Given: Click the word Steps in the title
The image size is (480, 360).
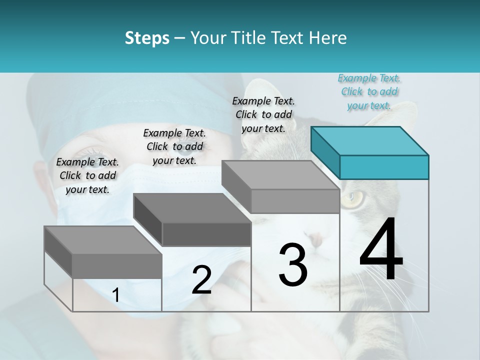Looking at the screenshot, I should click(x=147, y=38).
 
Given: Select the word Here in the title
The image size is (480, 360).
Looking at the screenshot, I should click(x=327, y=38).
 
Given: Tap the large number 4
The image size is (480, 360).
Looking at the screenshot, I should click(x=381, y=250).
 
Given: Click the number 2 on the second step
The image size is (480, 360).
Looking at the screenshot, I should click(x=201, y=280).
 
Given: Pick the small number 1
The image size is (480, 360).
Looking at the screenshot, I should click(x=116, y=295).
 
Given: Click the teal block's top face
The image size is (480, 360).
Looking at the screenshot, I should click(x=369, y=141).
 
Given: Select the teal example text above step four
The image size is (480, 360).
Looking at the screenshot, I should click(x=369, y=92).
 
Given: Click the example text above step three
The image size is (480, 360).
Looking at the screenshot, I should click(x=263, y=114).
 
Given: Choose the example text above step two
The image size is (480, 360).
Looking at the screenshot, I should click(x=174, y=146).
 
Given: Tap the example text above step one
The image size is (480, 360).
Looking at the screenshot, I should click(x=87, y=175).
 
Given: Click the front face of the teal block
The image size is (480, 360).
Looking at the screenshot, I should click(x=384, y=167).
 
